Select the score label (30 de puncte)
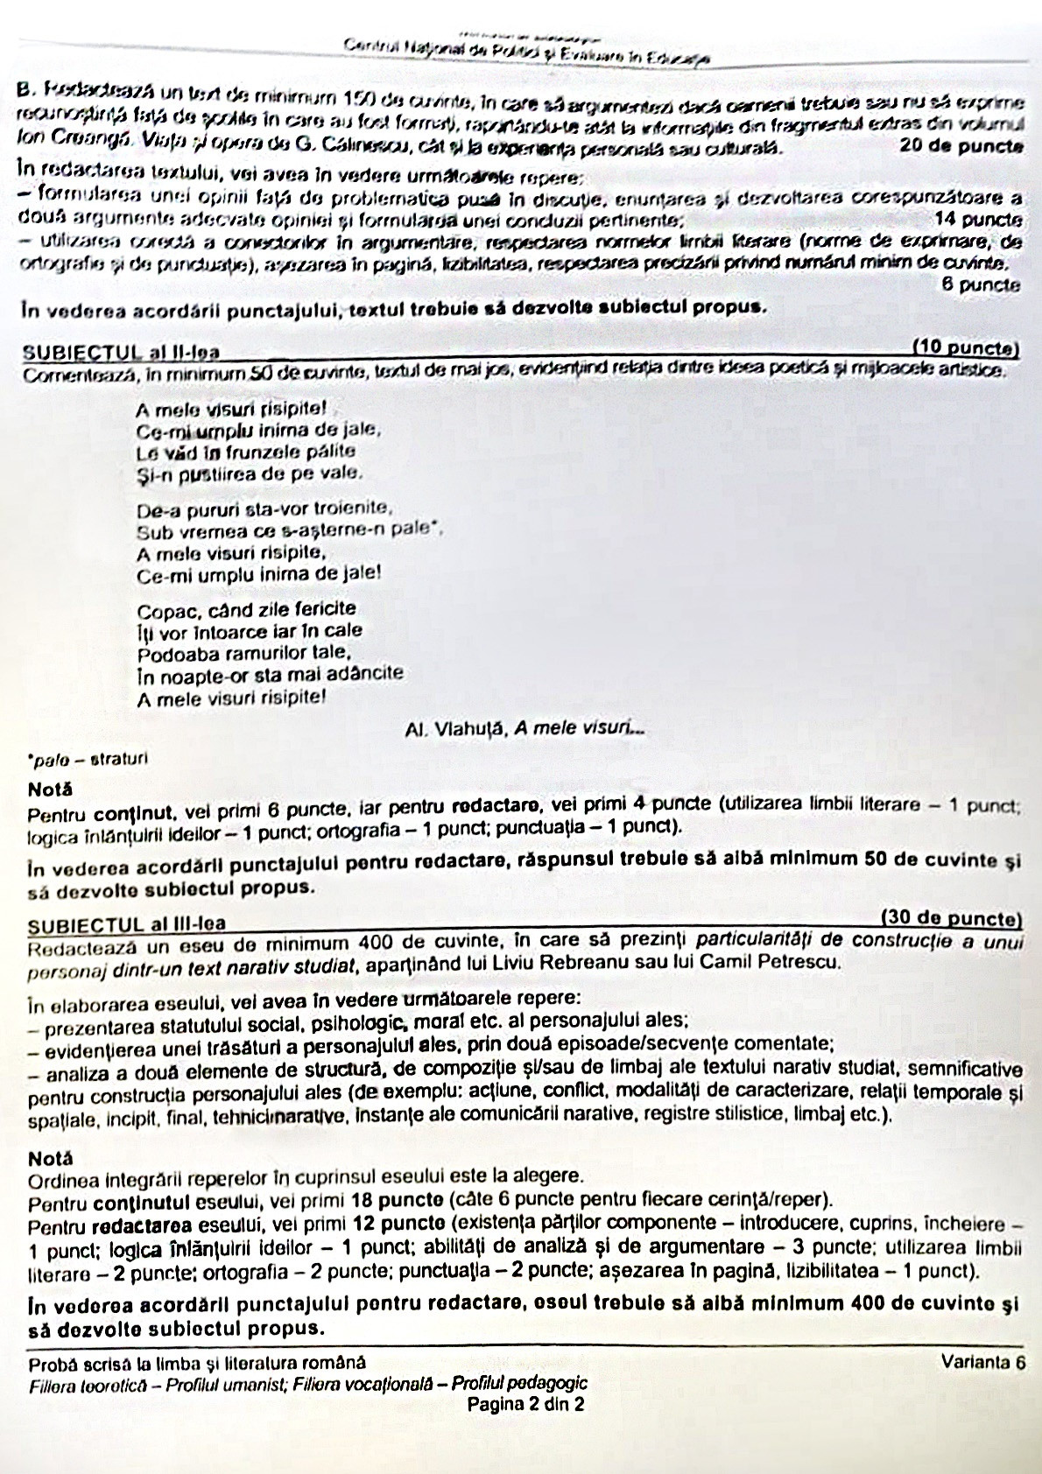(951, 919)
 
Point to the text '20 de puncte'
(961, 146)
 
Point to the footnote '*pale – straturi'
(88, 759)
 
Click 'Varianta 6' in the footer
(983, 1362)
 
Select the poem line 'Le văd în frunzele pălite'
(246, 453)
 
